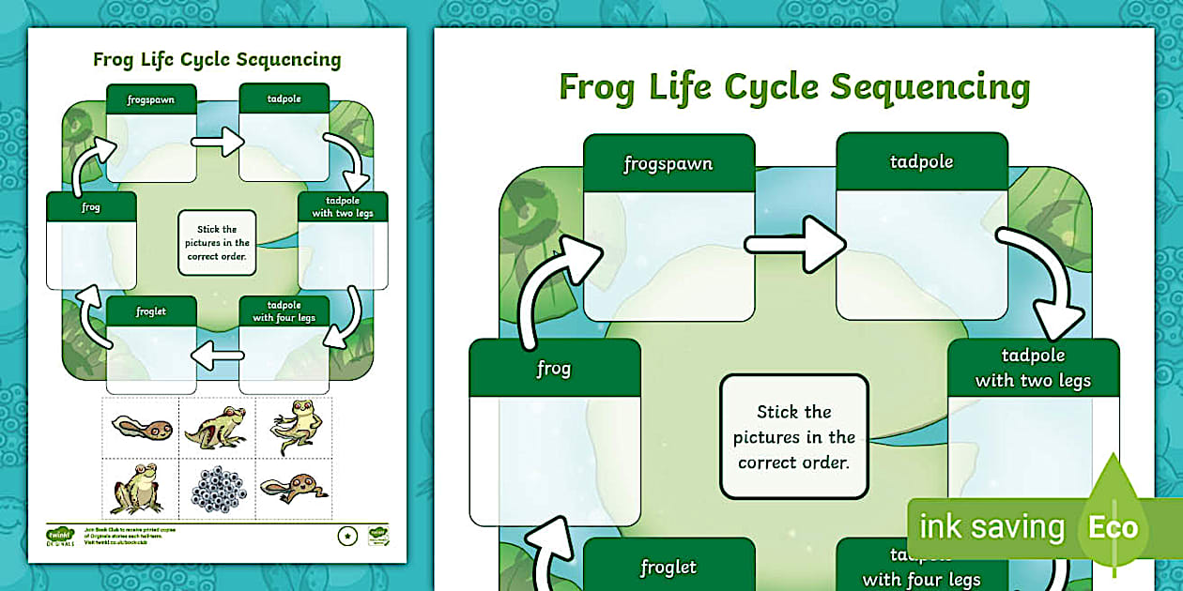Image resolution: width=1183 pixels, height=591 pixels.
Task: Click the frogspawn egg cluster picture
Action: (x=218, y=486)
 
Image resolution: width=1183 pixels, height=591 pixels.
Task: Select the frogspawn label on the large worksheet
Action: (x=668, y=164)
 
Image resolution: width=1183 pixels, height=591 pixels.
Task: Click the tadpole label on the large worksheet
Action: (x=921, y=162)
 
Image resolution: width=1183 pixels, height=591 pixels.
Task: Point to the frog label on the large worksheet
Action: (x=554, y=369)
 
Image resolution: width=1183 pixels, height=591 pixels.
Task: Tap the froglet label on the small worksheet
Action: (x=151, y=311)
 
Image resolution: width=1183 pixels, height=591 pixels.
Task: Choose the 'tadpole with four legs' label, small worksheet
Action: (x=284, y=311)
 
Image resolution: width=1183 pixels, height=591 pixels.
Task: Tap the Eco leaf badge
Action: (x=1114, y=525)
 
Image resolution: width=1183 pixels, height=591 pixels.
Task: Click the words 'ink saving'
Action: (x=991, y=527)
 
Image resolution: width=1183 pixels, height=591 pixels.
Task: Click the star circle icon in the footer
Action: (x=346, y=536)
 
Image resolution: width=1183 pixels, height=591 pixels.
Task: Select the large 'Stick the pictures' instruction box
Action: (x=794, y=436)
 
